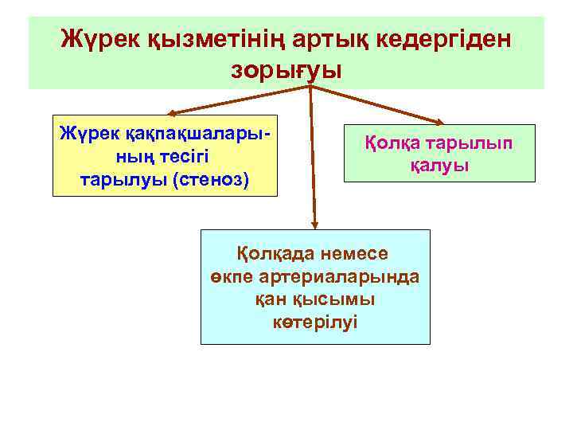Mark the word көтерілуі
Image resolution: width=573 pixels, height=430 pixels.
(314, 322)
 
